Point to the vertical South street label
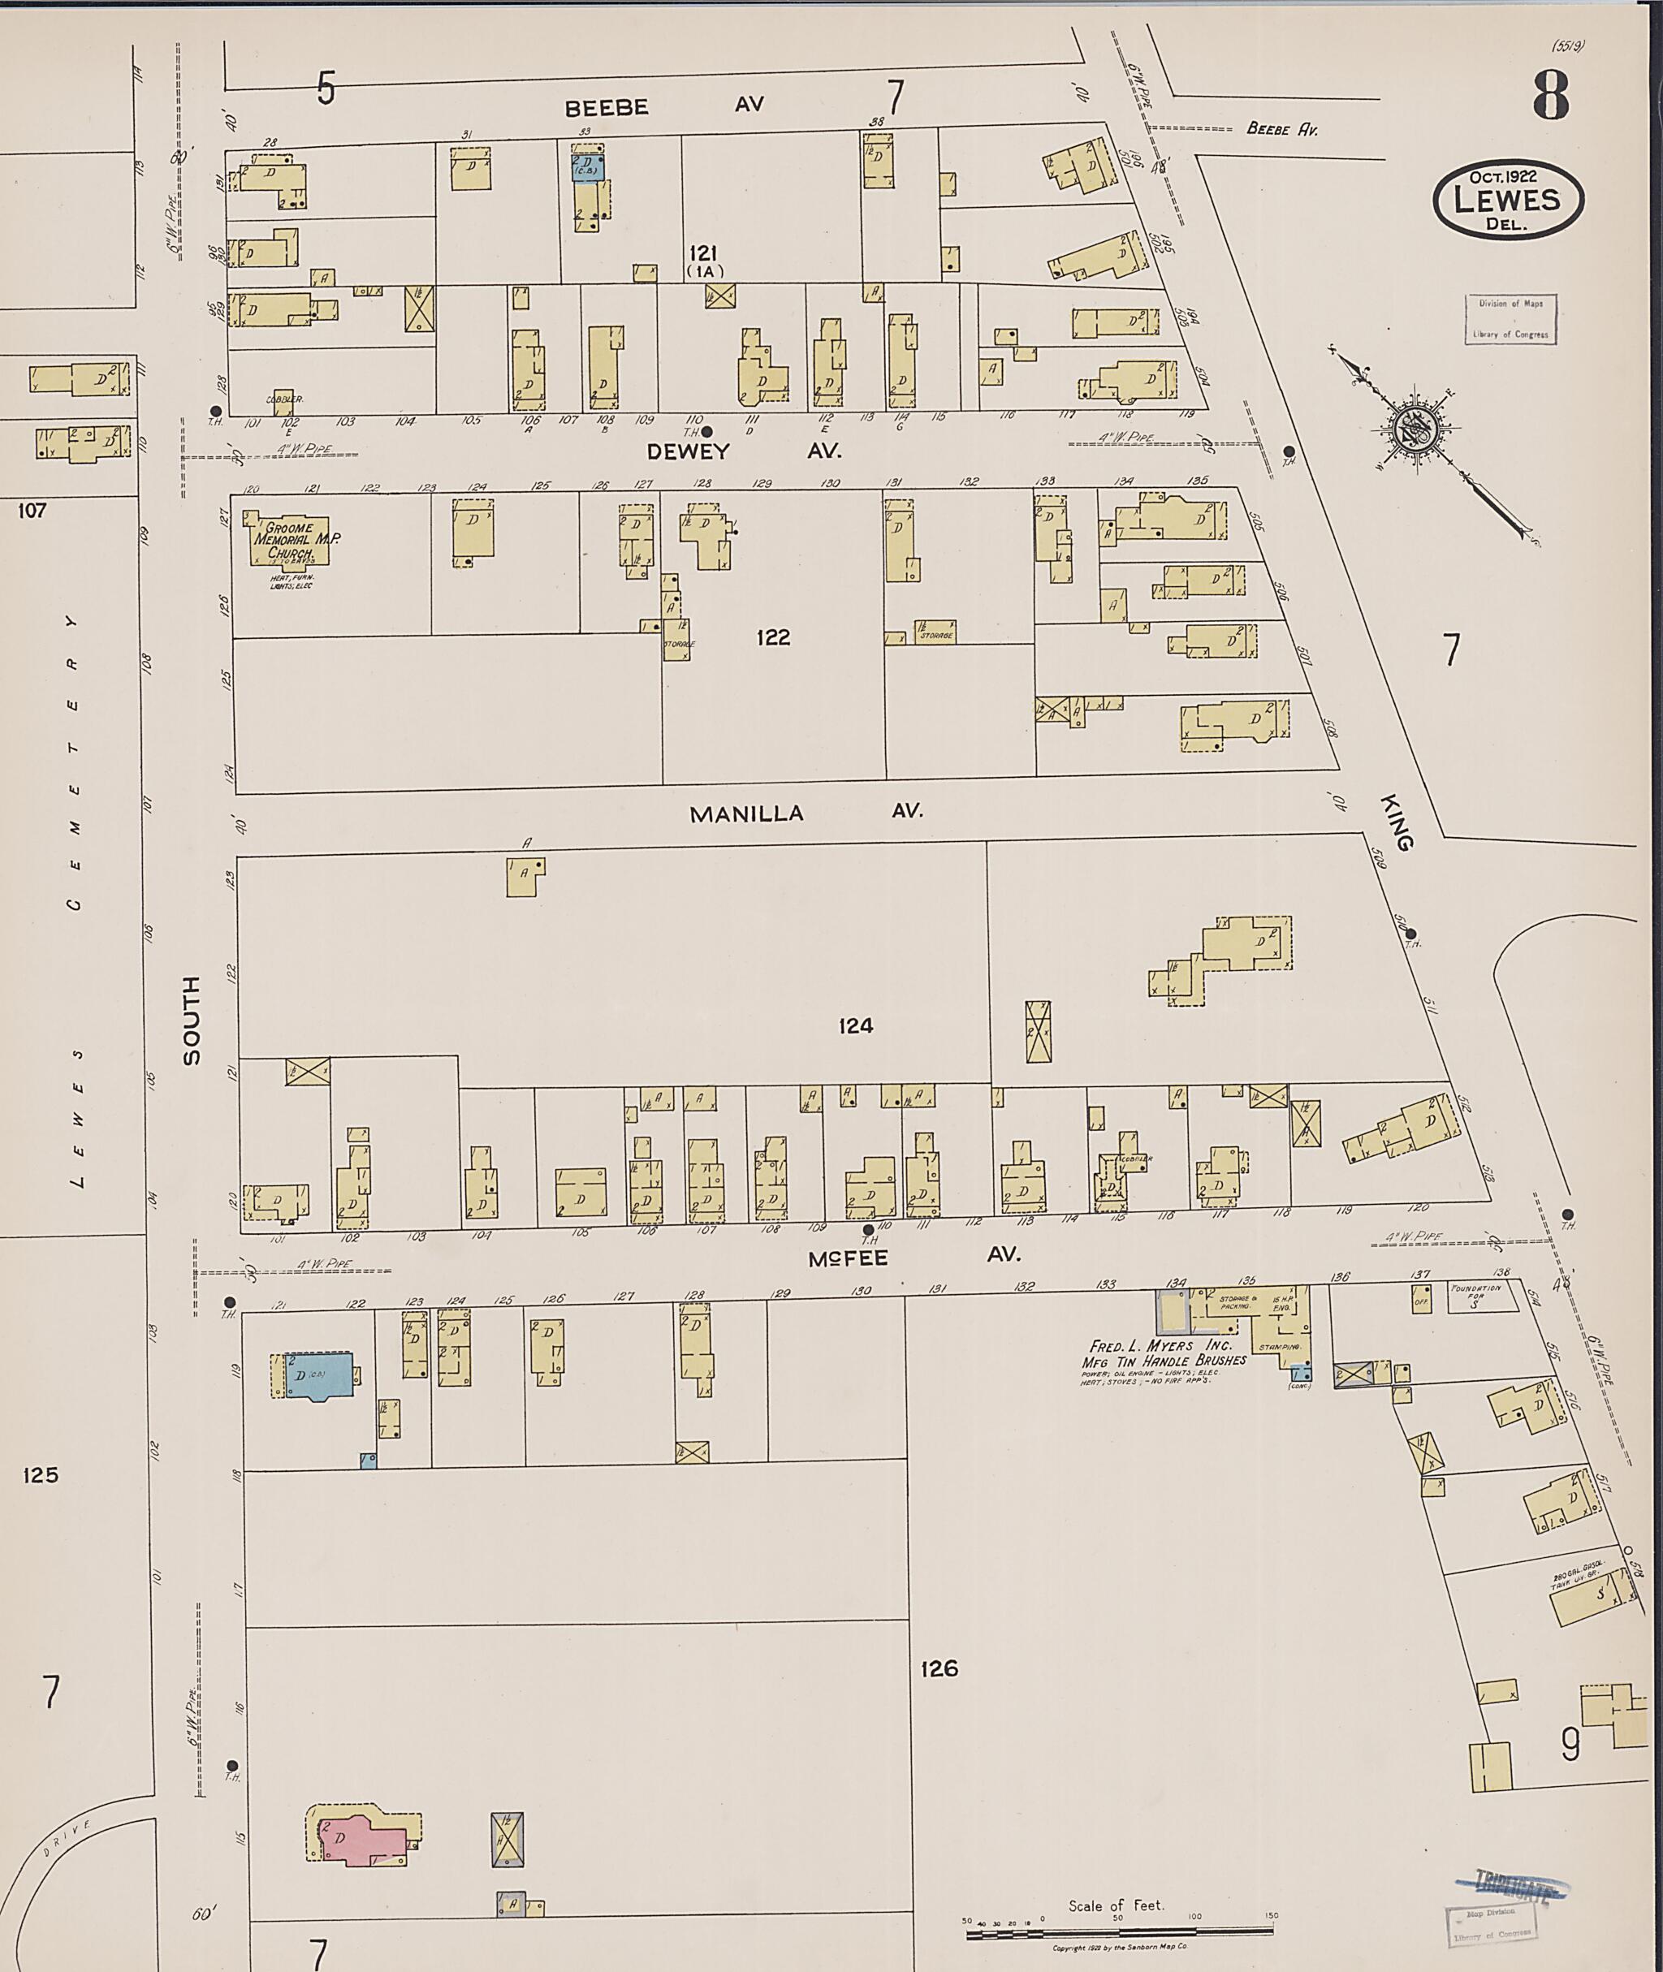pos(192,1021)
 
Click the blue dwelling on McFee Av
pos(318,1376)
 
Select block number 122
pos(773,638)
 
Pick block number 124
pos(855,1025)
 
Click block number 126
pos(939,1668)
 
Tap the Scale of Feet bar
pos(1118,1927)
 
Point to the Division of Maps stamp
pos(1510,318)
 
